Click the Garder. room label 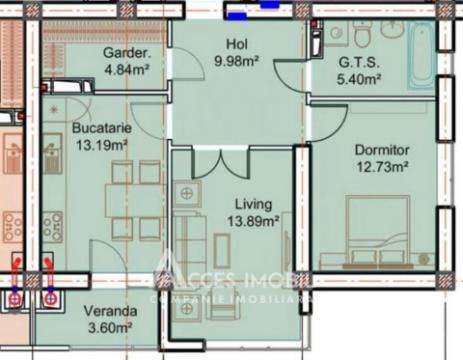(x=127, y=54)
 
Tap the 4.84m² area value (x=127, y=70)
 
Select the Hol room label (x=236, y=44)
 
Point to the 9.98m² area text (x=237, y=60)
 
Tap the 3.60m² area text (x=109, y=327)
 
